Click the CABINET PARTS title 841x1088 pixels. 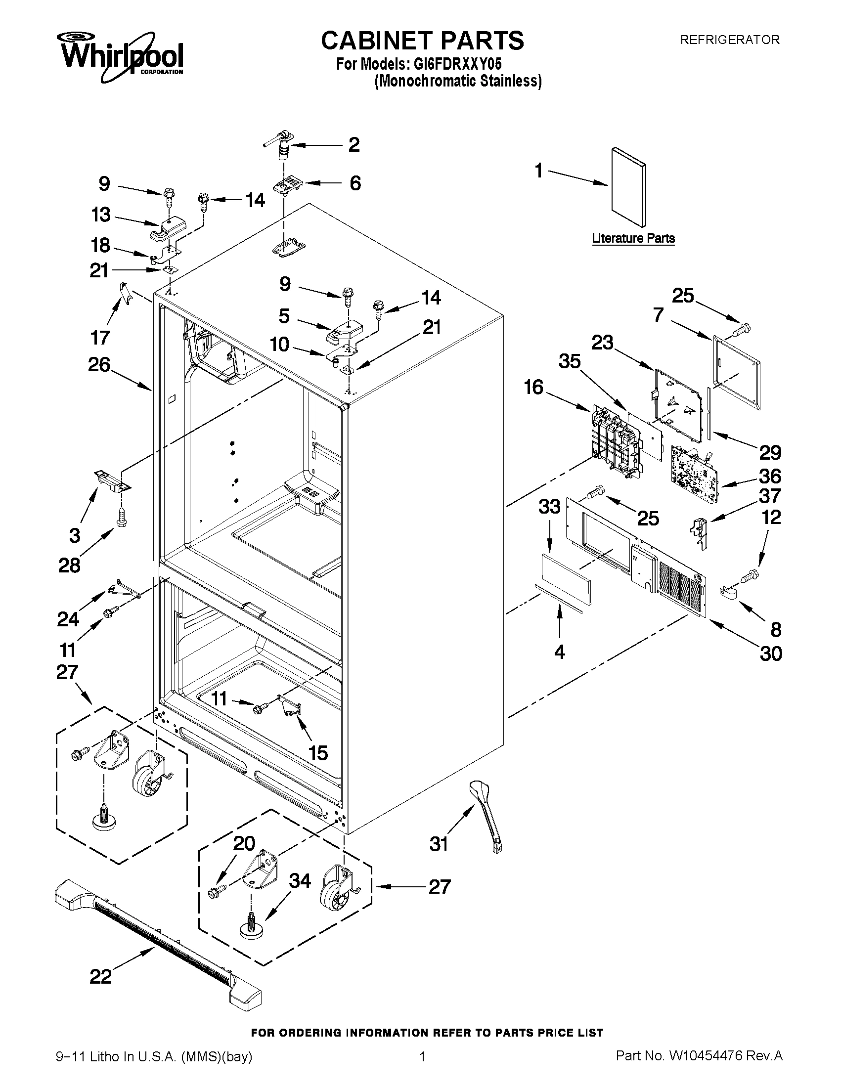click(422, 40)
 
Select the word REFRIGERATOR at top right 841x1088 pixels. click(729, 40)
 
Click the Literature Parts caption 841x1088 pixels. click(633, 238)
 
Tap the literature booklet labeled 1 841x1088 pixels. click(629, 188)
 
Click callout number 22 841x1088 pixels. click(101, 990)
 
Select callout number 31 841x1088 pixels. click(439, 844)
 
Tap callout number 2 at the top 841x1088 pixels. click(354, 144)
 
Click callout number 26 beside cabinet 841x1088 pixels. click(99, 365)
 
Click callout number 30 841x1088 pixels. click(771, 653)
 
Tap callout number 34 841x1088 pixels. click(300, 880)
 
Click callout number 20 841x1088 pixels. click(244, 843)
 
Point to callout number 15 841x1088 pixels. click(318, 752)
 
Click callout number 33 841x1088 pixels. click(549, 507)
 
